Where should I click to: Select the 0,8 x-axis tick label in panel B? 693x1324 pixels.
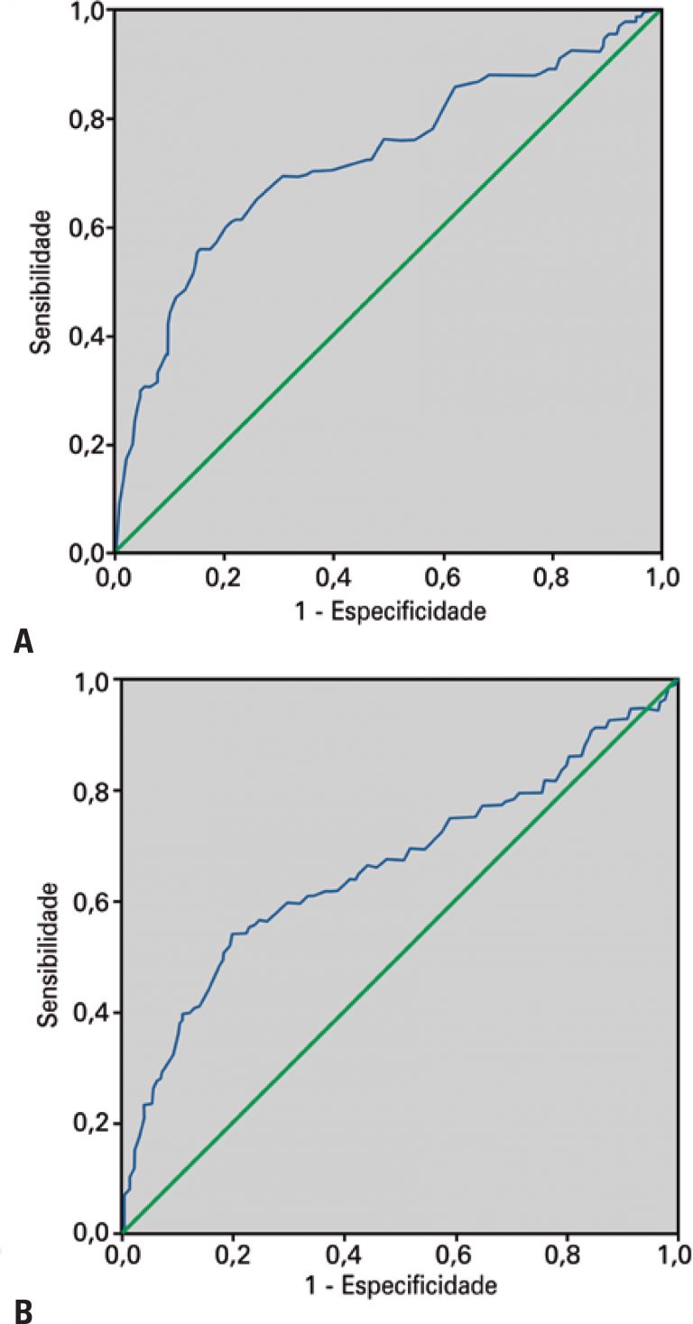566,1255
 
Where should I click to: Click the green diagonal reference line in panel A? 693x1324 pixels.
388,280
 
